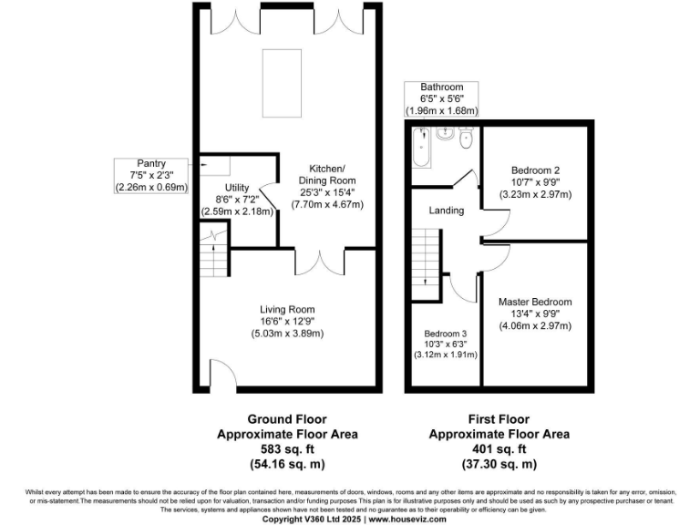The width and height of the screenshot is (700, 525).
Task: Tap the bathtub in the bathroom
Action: [x=420, y=148]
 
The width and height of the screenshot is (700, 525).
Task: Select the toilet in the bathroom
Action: [x=466, y=139]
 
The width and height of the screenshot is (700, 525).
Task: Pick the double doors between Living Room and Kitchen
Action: [x=319, y=261]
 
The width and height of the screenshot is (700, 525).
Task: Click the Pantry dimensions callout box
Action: [x=150, y=175]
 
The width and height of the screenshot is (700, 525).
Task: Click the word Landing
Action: [x=447, y=211]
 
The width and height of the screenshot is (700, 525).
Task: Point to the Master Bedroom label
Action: [x=534, y=302]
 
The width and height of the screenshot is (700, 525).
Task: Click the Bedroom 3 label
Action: [x=446, y=335]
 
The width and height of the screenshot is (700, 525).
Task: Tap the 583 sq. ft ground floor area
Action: [x=287, y=448]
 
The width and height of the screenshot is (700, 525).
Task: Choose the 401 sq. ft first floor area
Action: [x=499, y=448]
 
